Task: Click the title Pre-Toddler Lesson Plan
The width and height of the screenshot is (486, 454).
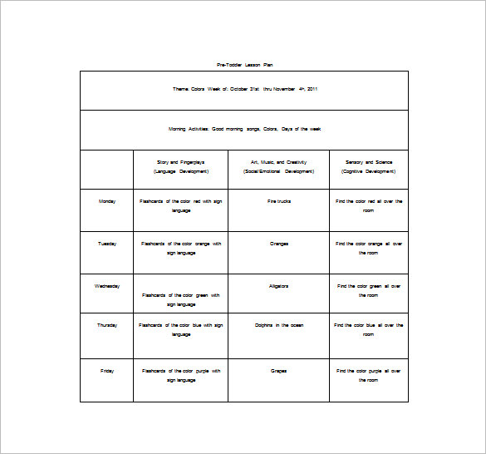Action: click(x=244, y=64)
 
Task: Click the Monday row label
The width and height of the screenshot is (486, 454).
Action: click(x=107, y=200)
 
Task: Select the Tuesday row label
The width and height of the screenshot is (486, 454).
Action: click(x=107, y=244)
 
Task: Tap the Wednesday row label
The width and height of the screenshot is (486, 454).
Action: click(x=107, y=286)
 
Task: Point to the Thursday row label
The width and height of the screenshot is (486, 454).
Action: click(x=107, y=325)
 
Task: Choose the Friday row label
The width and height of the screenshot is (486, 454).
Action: click(x=107, y=371)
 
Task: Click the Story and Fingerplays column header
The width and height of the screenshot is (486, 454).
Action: click(x=180, y=166)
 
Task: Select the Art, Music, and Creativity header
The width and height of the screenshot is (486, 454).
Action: click(x=278, y=166)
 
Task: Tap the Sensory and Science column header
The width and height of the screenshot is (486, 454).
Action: click(x=368, y=166)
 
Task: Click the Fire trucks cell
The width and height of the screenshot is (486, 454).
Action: click(x=278, y=200)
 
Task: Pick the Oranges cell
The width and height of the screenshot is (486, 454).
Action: click(x=278, y=244)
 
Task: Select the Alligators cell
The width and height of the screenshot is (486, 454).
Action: click(x=278, y=286)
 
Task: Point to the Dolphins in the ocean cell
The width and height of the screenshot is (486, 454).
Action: click(x=278, y=325)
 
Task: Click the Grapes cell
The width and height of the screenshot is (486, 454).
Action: click(x=278, y=371)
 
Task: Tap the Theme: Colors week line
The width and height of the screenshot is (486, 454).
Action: click(x=244, y=89)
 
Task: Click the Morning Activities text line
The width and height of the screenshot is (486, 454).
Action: click(x=244, y=129)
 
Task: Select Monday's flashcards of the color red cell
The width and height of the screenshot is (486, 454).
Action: click(x=180, y=205)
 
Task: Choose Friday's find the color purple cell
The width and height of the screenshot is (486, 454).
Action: click(x=369, y=375)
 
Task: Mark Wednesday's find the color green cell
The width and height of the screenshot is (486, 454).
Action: click(x=369, y=290)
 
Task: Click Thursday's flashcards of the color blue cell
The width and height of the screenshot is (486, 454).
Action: click(x=180, y=329)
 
